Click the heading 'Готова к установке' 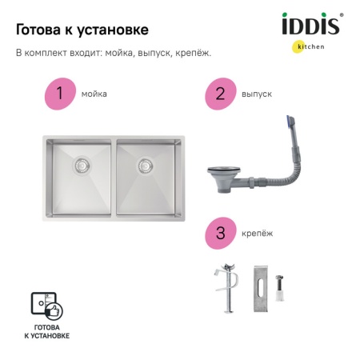coord(82,30)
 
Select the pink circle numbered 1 coord(59,94)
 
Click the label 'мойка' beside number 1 coord(94,94)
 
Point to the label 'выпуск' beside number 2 coord(256,94)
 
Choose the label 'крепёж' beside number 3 coord(256,234)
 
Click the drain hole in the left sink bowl coord(81,166)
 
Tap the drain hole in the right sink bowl coord(145,166)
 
